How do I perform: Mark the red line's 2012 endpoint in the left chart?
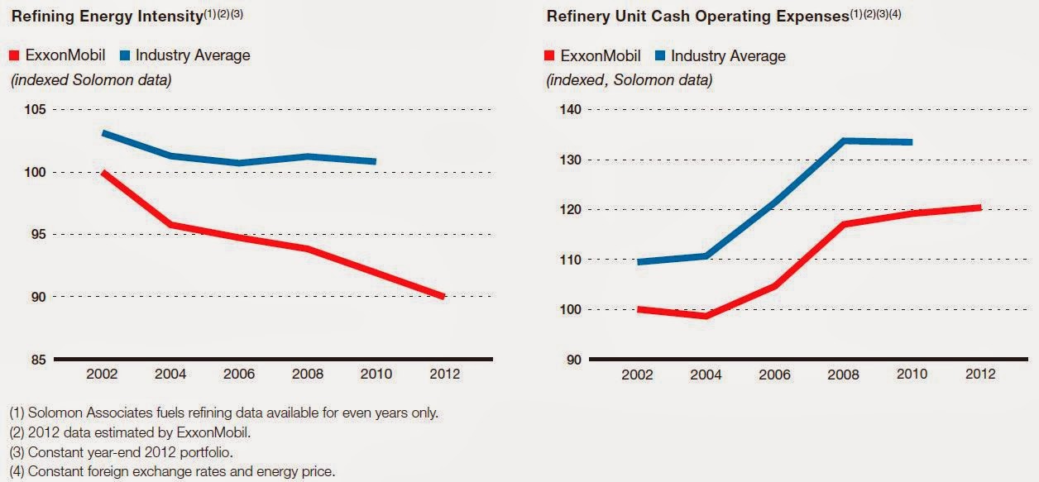[x=443, y=296]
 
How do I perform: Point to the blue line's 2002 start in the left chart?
[x=103, y=133]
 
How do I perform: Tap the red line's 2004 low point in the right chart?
[x=706, y=316]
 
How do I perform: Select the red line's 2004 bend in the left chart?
[x=170, y=225]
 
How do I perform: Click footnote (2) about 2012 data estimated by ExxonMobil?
[x=118, y=432]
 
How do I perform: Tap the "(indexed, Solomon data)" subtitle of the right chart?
[x=629, y=81]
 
